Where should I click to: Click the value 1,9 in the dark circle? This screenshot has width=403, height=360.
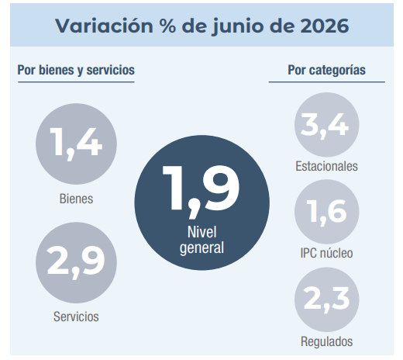tap(201, 192)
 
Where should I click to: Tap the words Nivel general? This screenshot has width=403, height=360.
tap(201, 241)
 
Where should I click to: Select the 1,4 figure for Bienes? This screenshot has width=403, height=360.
tap(76, 144)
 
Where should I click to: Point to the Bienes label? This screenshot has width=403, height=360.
tap(76, 199)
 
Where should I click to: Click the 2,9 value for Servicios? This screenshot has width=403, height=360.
tap(76, 261)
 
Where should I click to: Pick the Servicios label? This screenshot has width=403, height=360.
tap(76, 317)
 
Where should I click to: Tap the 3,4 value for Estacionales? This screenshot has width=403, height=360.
tap(325, 126)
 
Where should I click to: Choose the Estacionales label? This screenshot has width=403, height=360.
tap(326, 166)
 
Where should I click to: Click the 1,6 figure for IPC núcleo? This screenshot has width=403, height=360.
tap(326, 213)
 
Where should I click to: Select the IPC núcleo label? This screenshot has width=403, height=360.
tap(326, 253)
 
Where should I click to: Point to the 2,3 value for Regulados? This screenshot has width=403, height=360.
tap(326, 299)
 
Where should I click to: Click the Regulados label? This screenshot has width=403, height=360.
tap(326, 342)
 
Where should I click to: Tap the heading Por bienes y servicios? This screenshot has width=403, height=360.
tap(76, 71)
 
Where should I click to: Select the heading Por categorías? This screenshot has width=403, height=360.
tap(326, 71)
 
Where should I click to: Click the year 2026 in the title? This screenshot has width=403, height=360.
tap(325, 26)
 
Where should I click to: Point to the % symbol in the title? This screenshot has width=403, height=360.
tap(168, 26)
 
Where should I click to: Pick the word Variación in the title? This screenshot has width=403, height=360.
tap(104, 25)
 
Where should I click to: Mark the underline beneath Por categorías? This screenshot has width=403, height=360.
tap(327, 82)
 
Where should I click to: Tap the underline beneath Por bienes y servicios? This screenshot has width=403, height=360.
tap(76, 82)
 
